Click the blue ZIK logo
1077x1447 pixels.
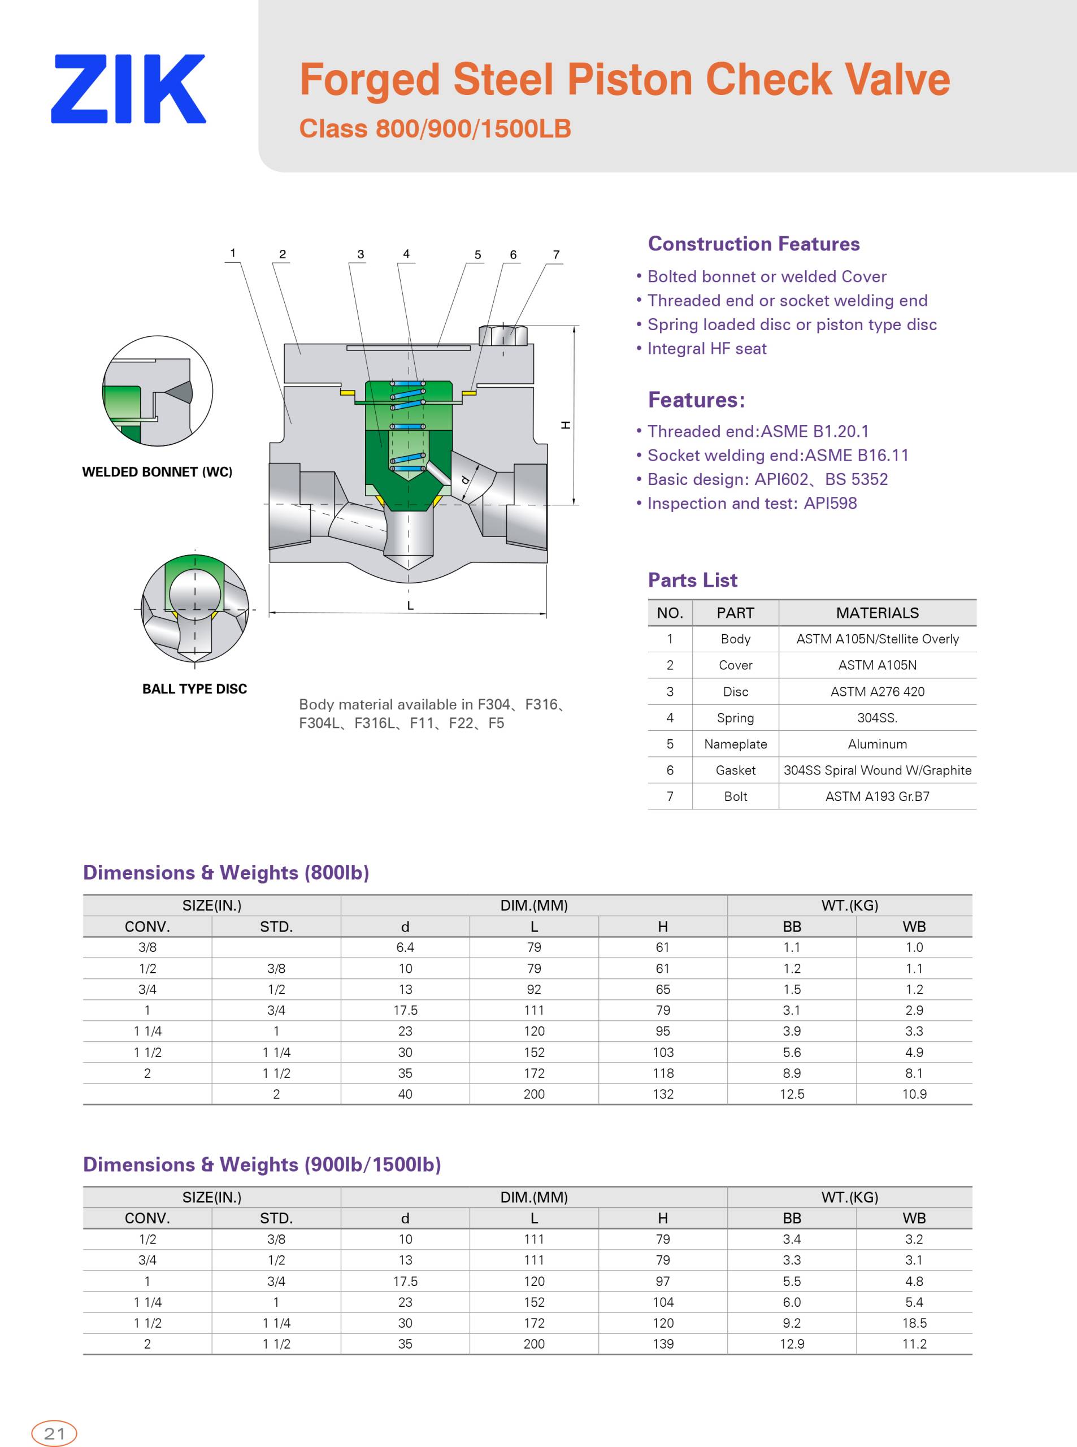tap(128, 89)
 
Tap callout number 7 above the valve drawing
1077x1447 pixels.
tap(556, 254)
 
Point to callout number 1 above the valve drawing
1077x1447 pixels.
tap(233, 253)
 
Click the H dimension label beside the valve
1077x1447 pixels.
tap(566, 425)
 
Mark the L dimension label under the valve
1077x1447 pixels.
tap(410, 606)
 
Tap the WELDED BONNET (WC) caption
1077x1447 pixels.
tap(157, 471)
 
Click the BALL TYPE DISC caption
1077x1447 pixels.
tap(195, 688)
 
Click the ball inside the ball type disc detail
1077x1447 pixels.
tap(196, 590)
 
